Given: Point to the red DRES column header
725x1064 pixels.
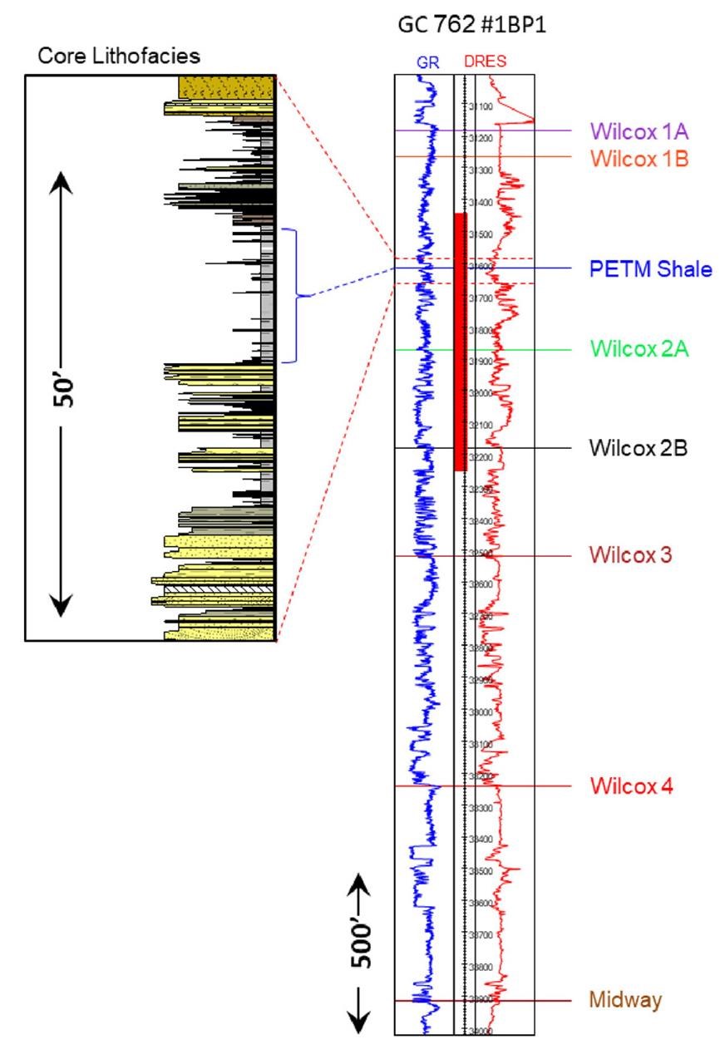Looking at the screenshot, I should click(484, 62).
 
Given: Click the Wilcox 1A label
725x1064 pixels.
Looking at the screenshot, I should click(639, 131).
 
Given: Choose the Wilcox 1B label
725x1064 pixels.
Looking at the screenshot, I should click(639, 157).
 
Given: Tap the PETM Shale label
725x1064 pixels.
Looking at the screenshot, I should click(651, 268).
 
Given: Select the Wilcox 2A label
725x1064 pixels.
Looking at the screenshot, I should click(640, 349).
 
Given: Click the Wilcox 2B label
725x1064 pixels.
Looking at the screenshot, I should click(640, 448).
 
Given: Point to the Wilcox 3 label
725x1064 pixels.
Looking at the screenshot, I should click(631, 554).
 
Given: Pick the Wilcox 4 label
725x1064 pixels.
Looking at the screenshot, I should click(631, 786).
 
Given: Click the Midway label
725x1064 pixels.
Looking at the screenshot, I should click(626, 1000).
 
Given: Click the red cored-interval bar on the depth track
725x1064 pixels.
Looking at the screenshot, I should click(460, 341).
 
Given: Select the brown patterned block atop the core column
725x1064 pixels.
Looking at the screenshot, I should click(226, 87).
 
